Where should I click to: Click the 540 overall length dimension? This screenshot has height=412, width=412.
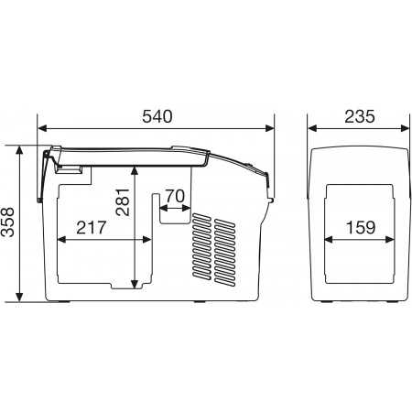tap(157, 116)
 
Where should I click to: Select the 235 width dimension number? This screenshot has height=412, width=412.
tap(360, 116)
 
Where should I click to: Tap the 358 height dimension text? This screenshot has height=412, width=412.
tap(8, 222)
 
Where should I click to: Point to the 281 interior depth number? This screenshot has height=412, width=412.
tap(123, 202)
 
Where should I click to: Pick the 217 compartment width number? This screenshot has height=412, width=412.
tap(91, 228)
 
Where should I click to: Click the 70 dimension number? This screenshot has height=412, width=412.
tap(175, 196)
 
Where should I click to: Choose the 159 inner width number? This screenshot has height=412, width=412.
tap(361, 228)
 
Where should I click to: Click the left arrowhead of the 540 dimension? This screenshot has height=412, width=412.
tap(42, 128)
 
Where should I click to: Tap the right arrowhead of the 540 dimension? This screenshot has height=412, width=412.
tap(270, 128)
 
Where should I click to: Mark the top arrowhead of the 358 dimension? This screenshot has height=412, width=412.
tap(19, 150)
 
